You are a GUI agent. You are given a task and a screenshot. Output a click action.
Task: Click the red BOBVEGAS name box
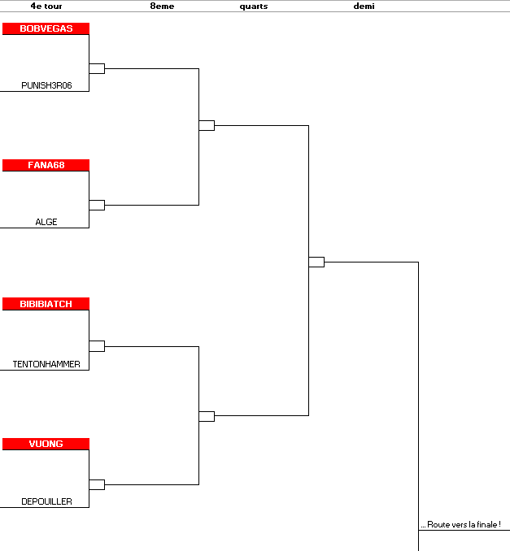[46, 28]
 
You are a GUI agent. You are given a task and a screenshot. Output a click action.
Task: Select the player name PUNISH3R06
[46, 85]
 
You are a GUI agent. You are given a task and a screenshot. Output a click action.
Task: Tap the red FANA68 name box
[46, 165]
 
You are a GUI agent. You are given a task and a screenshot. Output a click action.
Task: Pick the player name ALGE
[46, 222]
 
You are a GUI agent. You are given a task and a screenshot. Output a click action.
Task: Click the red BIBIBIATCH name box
[46, 304]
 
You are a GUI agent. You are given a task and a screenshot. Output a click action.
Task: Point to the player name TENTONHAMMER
[46, 364]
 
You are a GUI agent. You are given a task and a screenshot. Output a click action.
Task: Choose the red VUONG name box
[46, 444]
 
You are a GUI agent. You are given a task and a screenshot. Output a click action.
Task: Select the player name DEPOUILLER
[46, 501]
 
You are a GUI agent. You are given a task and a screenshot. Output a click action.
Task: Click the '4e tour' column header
[46, 6]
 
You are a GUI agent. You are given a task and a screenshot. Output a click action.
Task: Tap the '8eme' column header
[162, 6]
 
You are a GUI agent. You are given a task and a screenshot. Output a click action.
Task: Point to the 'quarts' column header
[254, 7]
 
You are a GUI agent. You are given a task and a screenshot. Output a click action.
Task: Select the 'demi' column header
[364, 6]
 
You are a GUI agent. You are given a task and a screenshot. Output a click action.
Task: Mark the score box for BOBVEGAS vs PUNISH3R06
[97, 68]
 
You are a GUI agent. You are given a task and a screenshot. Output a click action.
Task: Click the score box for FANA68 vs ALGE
[97, 206]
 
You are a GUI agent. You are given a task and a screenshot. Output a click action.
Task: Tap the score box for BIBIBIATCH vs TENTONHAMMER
[97, 346]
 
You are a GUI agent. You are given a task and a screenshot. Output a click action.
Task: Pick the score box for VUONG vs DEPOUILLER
[97, 484]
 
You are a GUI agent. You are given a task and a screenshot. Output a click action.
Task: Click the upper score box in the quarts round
[207, 125]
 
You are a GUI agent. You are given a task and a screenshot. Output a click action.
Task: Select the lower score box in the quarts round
[207, 416]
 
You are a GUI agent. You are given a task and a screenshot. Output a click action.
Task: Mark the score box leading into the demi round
[316, 262]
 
